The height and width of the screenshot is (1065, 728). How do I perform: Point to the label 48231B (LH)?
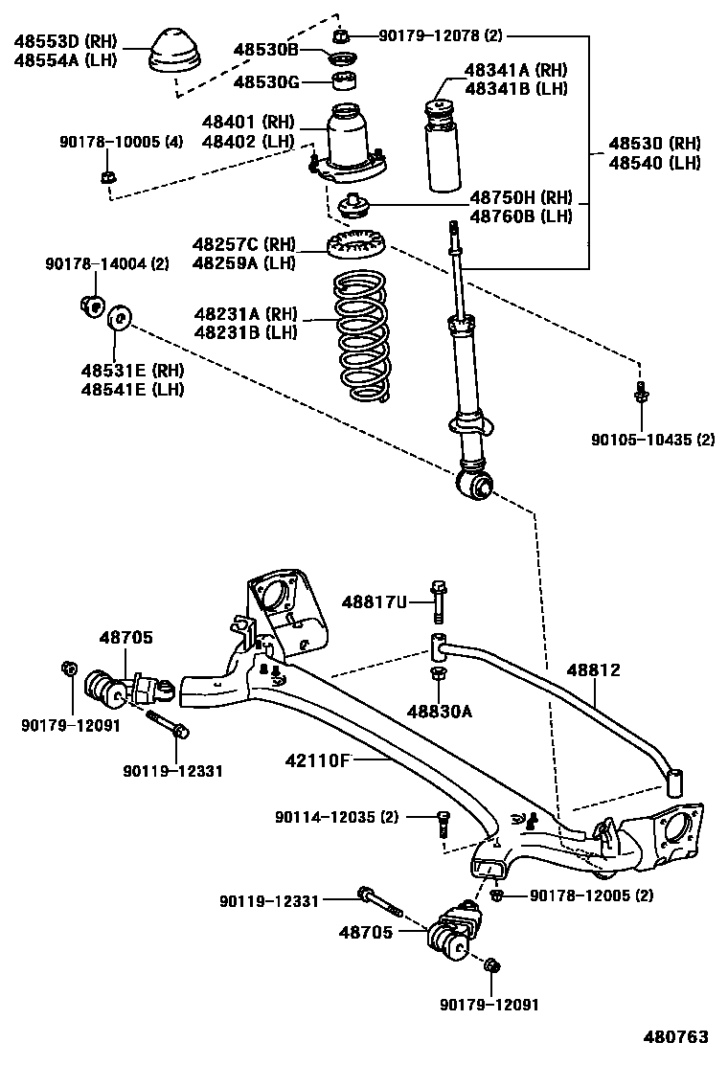[x=245, y=332]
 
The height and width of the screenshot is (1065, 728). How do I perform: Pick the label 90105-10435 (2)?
[x=652, y=440]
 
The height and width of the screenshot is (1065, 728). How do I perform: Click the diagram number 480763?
[x=675, y=1037]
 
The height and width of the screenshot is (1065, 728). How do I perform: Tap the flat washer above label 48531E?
[x=120, y=316]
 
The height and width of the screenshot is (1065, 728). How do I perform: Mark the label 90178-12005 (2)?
[x=591, y=895]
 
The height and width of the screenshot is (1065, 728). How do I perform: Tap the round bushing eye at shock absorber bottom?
[x=477, y=485]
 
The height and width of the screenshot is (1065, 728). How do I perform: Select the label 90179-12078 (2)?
[x=441, y=36]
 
